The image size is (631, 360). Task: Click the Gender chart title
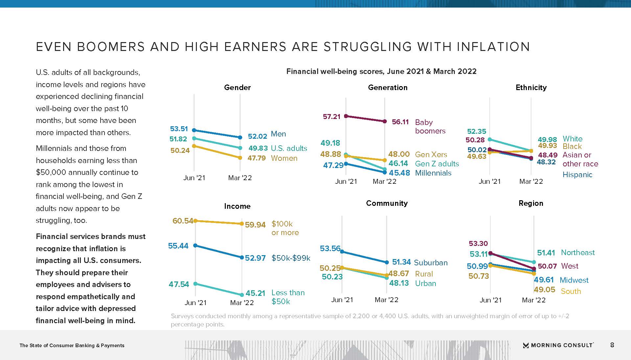[x=237, y=87]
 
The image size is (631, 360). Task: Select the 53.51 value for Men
[x=179, y=129]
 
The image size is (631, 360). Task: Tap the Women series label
[x=284, y=158]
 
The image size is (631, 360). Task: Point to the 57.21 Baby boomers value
[x=332, y=116]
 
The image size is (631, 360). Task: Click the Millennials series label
[x=433, y=173]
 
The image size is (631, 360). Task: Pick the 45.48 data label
[x=399, y=173]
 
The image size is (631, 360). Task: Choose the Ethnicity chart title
[x=531, y=87]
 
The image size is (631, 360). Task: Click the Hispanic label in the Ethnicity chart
[x=577, y=175]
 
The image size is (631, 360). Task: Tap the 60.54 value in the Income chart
[x=183, y=221]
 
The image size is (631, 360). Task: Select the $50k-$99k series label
[x=291, y=258]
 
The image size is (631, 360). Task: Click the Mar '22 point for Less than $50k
[x=242, y=295]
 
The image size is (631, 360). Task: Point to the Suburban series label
[x=431, y=263]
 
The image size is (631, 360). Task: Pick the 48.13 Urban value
[x=399, y=283]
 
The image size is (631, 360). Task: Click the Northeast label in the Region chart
[x=578, y=252]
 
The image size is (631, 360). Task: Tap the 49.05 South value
[x=544, y=290]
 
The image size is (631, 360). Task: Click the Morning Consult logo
[x=558, y=345]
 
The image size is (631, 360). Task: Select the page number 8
[x=612, y=345]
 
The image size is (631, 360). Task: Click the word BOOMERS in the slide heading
[x=111, y=47]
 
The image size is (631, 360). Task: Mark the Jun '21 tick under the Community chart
[x=342, y=300]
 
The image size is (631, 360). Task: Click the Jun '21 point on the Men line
[x=194, y=130]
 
